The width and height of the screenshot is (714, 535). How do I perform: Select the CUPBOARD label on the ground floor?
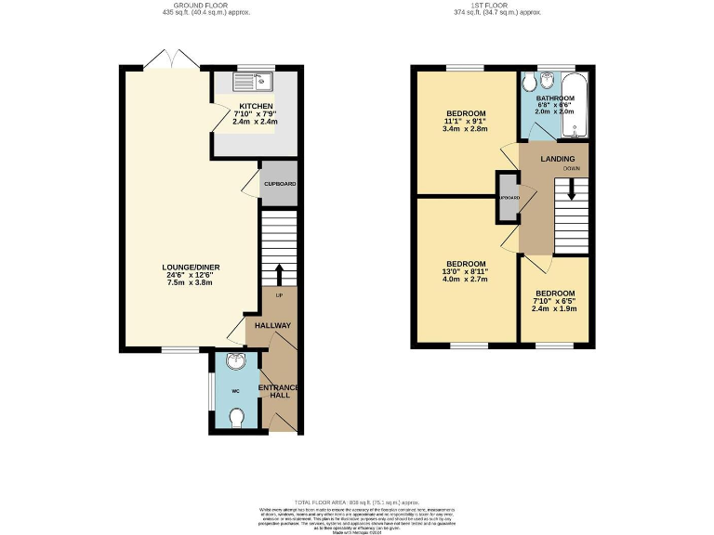coord(279,184)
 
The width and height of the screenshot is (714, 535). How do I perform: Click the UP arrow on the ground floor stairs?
coord(279,274)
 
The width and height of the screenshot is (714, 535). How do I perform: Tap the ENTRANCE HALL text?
coord(281,389)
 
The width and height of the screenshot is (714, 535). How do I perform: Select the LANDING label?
coord(558,159)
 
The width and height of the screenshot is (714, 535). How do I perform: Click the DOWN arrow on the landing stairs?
coord(572,190)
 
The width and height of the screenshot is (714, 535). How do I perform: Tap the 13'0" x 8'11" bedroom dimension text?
coord(465,271)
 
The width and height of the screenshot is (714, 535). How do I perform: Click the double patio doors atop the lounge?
coord(170,60)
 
